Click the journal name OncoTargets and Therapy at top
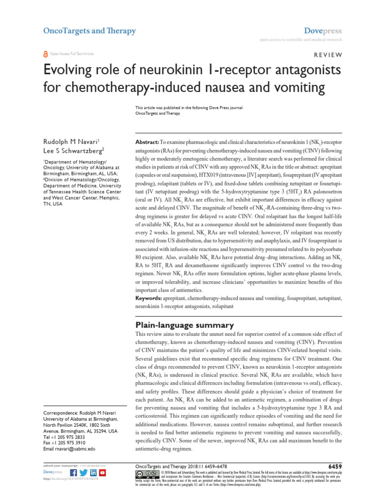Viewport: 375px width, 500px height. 89,31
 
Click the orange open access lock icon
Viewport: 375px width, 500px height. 45,54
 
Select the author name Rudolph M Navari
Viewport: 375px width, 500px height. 71,127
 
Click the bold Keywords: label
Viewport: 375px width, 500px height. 149,297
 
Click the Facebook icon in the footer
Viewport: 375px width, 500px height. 74,473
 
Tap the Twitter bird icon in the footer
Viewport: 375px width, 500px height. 83,473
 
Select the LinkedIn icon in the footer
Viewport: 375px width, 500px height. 93,473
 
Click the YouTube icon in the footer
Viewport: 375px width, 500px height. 103,473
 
